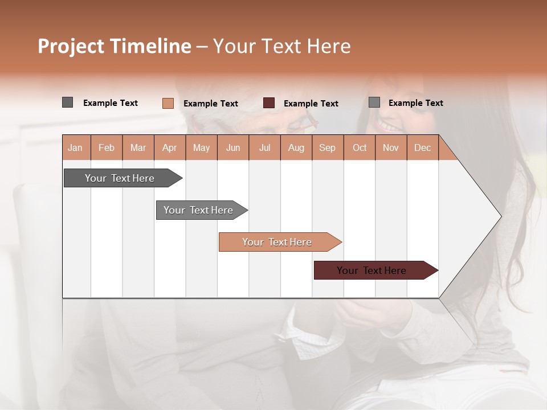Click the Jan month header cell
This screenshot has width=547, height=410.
coord(76,147)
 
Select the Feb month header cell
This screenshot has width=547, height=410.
coord(107,147)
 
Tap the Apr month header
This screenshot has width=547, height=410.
coord(170,147)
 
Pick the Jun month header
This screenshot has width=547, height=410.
coord(233,147)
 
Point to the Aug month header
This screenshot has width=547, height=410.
coord(296,147)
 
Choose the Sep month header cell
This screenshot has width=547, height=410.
coord(328,147)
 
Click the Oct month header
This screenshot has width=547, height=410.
coord(360,147)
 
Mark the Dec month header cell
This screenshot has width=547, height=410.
coord(423,147)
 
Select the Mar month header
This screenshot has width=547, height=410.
coord(138,147)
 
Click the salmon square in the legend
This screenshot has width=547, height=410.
coord(168,103)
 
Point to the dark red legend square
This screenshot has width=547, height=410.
coord(269,103)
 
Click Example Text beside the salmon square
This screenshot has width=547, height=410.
coord(211,104)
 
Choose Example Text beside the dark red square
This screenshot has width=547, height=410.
coord(311,104)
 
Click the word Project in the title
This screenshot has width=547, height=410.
coord(71,46)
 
